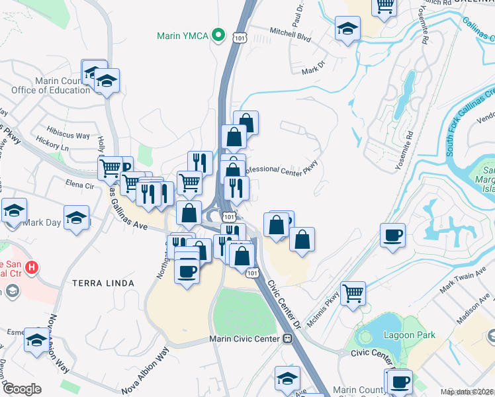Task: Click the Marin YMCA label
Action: pos(183,35)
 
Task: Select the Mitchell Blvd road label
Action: pos(290,34)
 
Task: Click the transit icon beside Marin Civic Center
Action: pos(288,339)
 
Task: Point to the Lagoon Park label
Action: pos(410,335)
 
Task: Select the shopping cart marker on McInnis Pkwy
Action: pos(353,292)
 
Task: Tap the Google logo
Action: pos(21,389)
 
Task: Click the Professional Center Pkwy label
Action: pos(281,171)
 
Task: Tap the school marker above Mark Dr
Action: pos(347,29)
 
